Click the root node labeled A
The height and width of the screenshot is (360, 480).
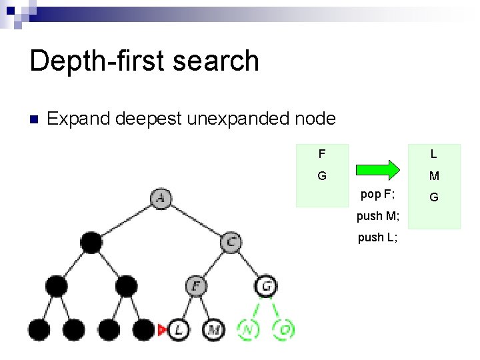click(161, 198)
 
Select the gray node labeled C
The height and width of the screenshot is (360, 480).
click(231, 242)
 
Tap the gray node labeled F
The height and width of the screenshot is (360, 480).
click(196, 286)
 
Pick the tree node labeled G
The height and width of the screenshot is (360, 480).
click(266, 286)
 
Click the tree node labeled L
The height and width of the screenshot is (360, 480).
click(178, 329)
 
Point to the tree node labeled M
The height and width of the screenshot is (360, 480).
click(213, 329)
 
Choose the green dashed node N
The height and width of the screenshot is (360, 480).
click(248, 329)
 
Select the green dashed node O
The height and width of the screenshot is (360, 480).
click(284, 329)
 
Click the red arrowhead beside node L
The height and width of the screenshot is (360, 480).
click(161, 329)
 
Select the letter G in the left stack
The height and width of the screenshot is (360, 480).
click(321, 177)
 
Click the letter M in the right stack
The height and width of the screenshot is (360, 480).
click(433, 177)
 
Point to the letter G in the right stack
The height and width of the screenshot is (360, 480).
click(433, 197)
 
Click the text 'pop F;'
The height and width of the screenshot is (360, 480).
click(377, 195)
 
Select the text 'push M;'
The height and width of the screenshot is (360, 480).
click(378, 216)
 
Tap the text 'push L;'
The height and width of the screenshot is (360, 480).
click(377, 237)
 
